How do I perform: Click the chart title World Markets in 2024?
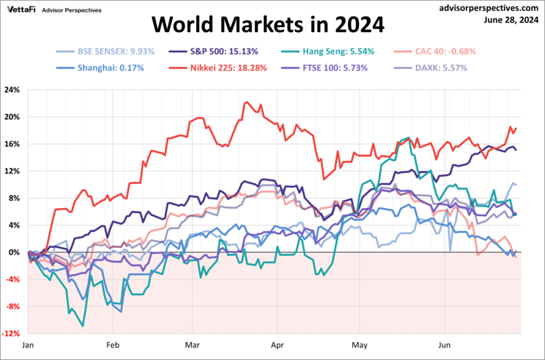(267, 26)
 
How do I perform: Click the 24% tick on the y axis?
(12, 90)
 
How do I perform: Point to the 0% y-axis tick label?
(15, 252)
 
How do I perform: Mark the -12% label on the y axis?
(11, 334)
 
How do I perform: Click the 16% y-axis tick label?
(12, 144)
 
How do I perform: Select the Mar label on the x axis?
(193, 347)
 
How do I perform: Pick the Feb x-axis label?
(112, 347)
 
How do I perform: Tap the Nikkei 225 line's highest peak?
(246, 103)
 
